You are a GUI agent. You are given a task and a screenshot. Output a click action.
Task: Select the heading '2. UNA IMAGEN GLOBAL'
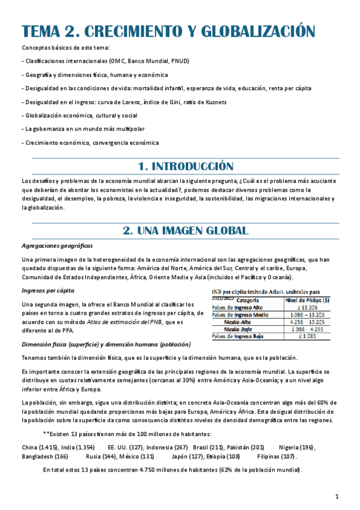click(x=185, y=230)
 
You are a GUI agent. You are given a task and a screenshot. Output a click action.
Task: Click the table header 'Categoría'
click(x=248, y=299)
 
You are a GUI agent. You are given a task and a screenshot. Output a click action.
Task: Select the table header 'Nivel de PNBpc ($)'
click(x=308, y=299)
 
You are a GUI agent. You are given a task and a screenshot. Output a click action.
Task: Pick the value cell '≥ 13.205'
click(x=308, y=307)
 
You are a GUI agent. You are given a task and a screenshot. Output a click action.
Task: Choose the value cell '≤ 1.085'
click(x=308, y=336)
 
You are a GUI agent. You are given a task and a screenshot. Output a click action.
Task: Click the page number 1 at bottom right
click(x=337, y=496)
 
